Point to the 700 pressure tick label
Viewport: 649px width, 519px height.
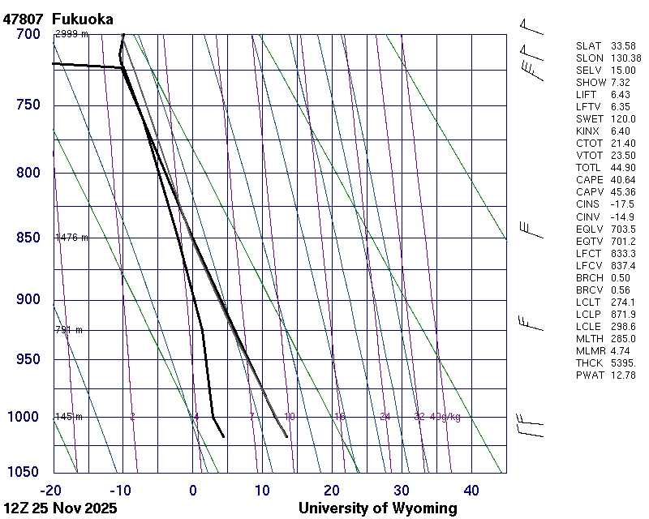click(x=28, y=34)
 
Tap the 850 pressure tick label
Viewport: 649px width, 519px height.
click(x=28, y=238)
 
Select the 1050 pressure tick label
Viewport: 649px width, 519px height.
click(x=24, y=473)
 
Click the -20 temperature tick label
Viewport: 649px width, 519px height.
click(x=51, y=490)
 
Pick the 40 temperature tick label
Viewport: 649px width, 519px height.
click(x=471, y=490)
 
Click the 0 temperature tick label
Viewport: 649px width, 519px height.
click(x=193, y=490)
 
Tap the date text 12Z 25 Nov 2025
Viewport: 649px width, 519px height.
click(x=60, y=508)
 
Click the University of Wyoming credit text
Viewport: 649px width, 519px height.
click(x=377, y=508)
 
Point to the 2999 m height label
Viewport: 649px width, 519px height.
click(x=71, y=34)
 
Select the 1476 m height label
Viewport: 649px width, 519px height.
click(x=71, y=238)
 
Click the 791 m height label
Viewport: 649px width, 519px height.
click(x=69, y=330)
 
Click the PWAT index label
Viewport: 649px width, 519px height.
click(x=588, y=375)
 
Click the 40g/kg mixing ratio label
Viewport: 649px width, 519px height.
click(x=445, y=417)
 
